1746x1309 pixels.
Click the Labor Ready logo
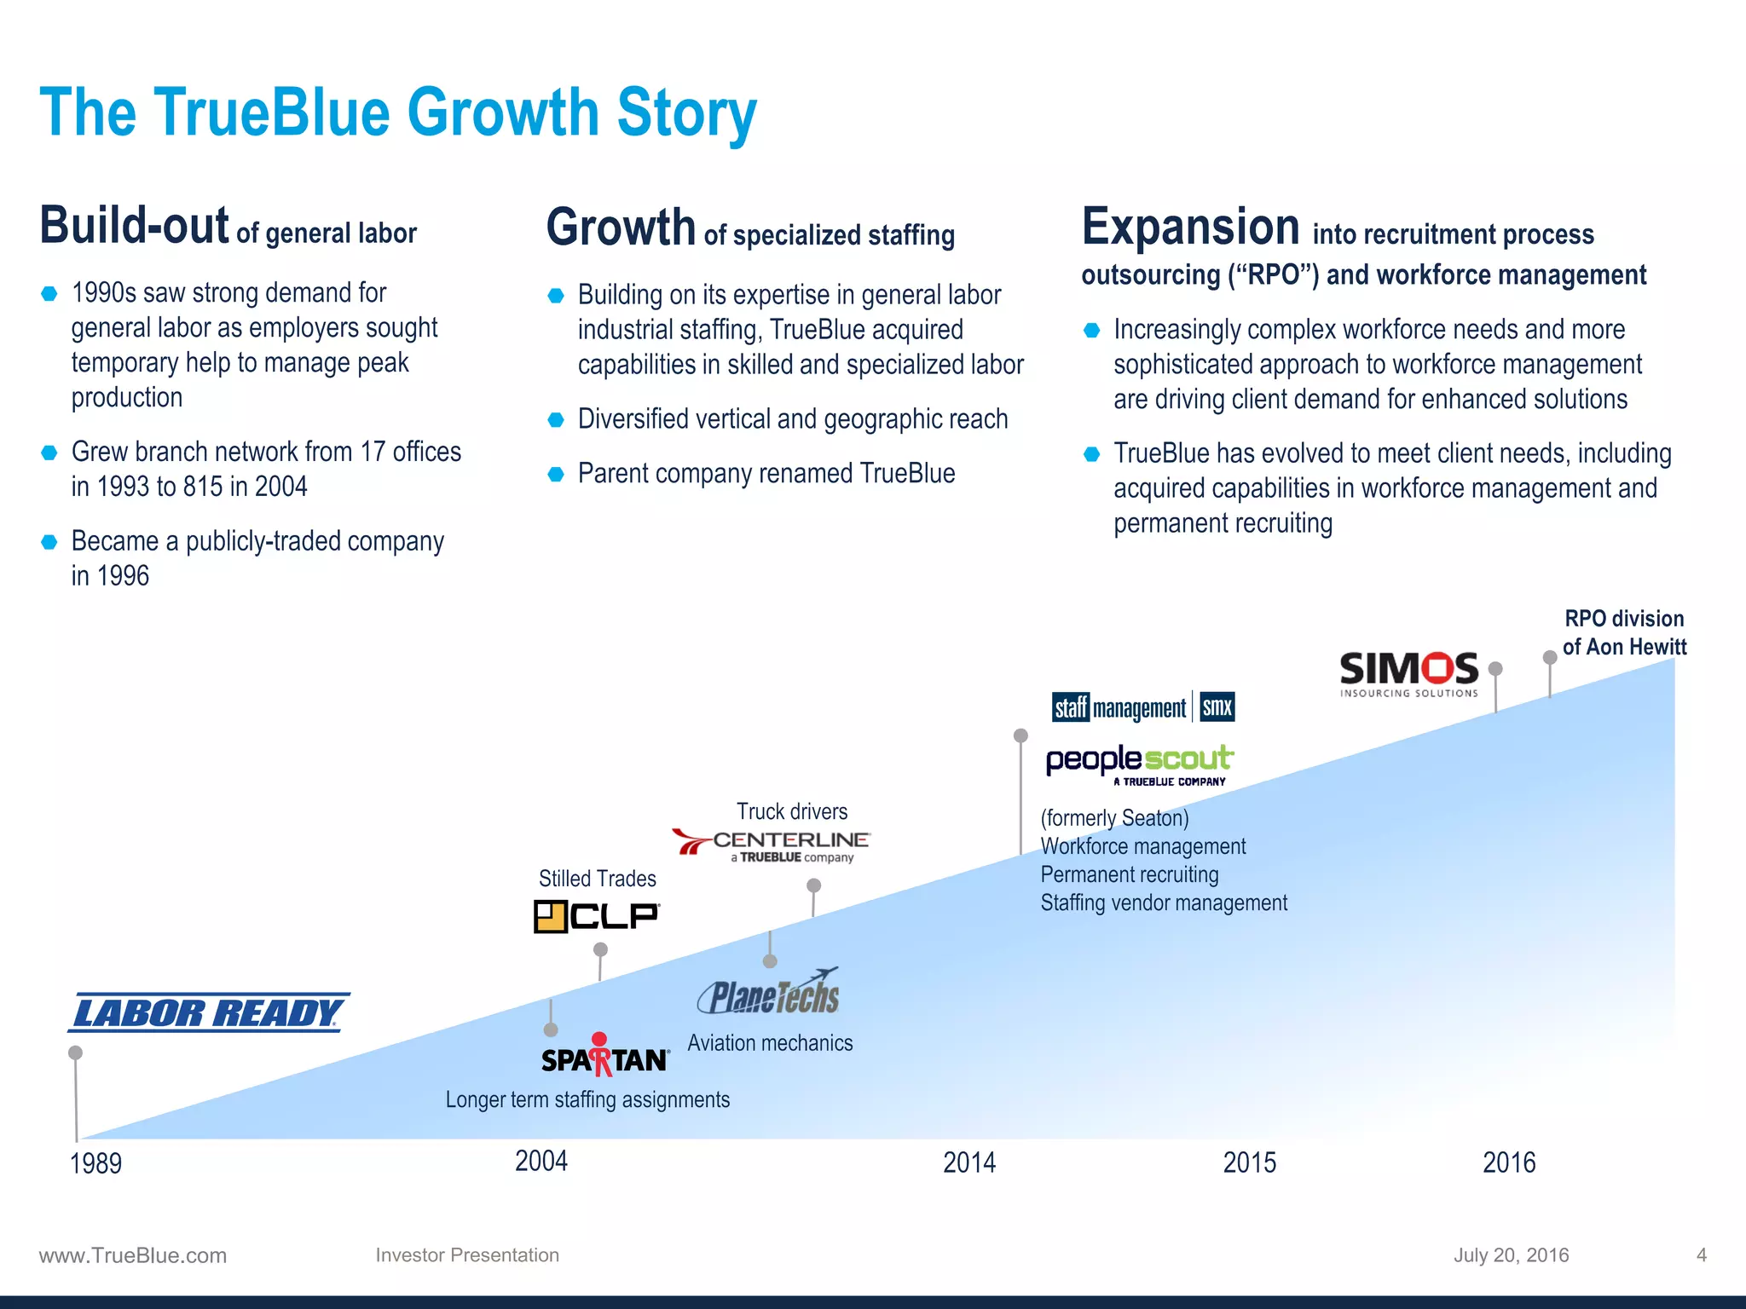click(x=208, y=1012)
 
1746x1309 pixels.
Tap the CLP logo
click(x=597, y=916)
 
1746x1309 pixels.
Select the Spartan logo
click(x=605, y=1057)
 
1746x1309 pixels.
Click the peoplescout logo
click(x=1139, y=764)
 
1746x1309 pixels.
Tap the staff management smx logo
click(x=1143, y=707)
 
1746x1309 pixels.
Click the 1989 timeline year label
click(x=95, y=1163)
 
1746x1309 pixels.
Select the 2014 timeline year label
click(x=969, y=1162)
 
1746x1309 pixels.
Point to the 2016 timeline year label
click(x=1509, y=1162)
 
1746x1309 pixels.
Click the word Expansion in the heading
click(x=1190, y=228)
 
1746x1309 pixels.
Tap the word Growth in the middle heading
click(x=621, y=228)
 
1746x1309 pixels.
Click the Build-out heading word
click(x=134, y=226)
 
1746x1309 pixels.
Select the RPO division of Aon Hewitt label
click(x=1624, y=632)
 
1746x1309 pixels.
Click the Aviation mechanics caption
click(x=770, y=1043)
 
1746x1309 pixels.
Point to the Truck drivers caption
click(x=792, y=811)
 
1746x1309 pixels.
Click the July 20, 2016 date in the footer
click(x=1511, y=1254)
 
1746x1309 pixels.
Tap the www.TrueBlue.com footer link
click(x=133, y=1255)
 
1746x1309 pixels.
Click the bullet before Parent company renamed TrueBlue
click(x=556, y=474)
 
